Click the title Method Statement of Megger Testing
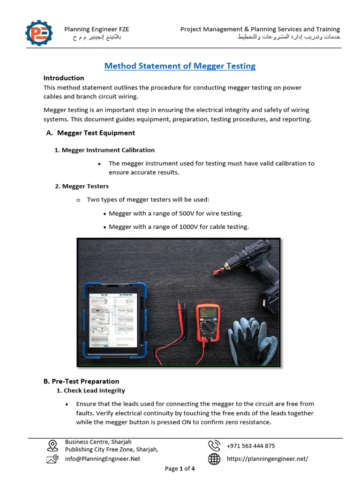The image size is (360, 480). [180, 66]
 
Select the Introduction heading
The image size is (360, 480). [64, 78]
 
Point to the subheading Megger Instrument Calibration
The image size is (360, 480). [108, 150]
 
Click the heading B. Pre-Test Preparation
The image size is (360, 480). [81, 381]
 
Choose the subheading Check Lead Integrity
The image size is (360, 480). [94, 390]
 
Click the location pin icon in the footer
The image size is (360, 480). [52, 445]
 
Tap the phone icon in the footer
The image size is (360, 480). [214, 445]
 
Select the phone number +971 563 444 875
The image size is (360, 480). [251, 446]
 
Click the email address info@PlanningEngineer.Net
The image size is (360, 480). [102, 459]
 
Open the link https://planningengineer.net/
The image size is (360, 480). [267, 459]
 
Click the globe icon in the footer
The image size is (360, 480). [214, 459]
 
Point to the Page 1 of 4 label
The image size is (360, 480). [180, 469]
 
